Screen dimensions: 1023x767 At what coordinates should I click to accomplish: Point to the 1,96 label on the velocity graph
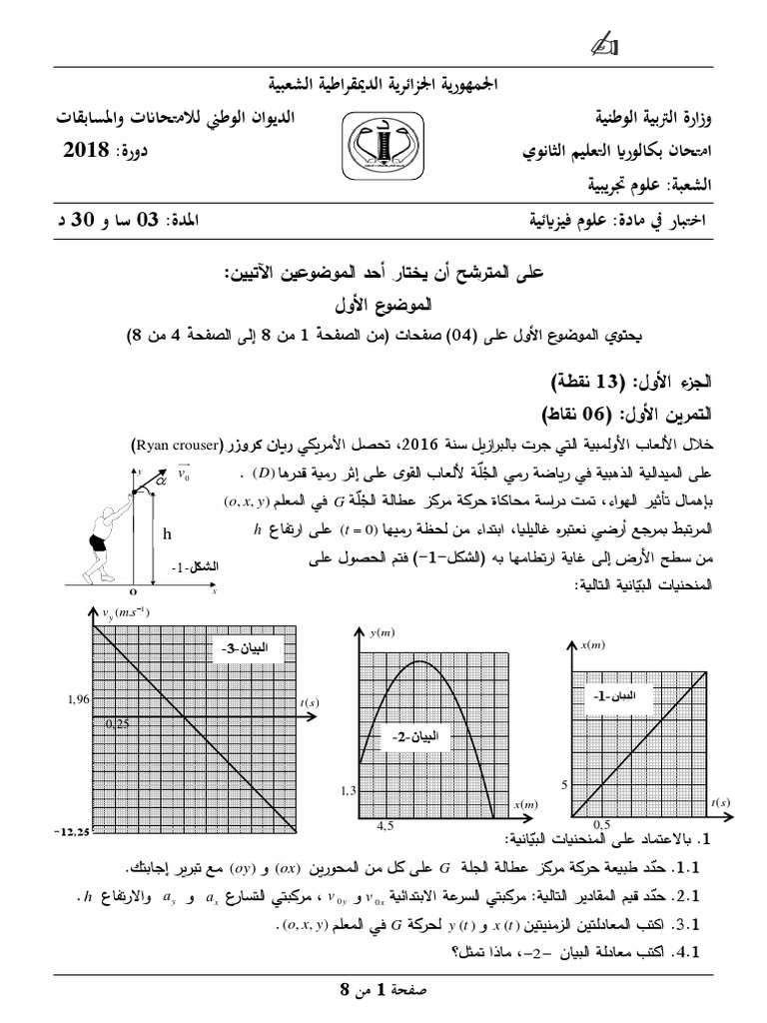76,699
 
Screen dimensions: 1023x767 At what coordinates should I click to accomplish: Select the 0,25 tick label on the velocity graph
118,727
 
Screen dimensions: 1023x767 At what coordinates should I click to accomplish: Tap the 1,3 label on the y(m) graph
349,790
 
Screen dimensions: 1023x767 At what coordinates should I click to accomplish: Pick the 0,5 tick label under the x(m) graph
601,824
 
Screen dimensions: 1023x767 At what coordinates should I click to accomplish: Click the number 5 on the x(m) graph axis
564,786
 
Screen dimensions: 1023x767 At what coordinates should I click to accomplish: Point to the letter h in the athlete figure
167,533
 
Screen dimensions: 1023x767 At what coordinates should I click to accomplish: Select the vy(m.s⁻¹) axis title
124,612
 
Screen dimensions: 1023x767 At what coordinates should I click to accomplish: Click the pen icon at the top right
605,43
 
